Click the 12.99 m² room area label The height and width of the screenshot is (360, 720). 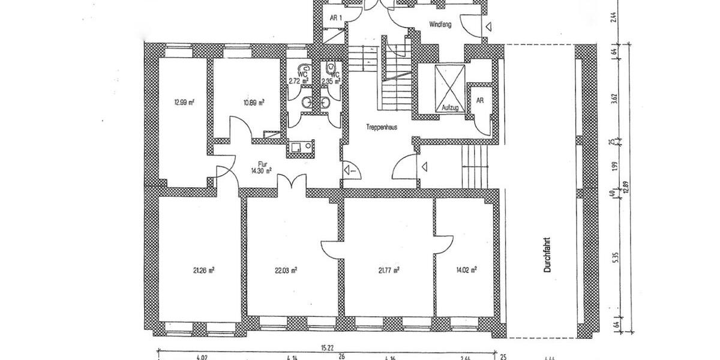click(183, 102)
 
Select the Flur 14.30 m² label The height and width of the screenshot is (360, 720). click(262, 166)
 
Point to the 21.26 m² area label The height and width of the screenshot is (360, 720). click(204, 270)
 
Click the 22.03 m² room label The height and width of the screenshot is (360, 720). click(286, 270)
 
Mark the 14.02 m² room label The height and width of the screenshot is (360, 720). click(466, 270)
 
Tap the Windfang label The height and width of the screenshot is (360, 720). click(440, 25)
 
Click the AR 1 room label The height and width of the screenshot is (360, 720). click(336, 17)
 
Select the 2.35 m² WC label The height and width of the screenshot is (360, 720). click(331, 77)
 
